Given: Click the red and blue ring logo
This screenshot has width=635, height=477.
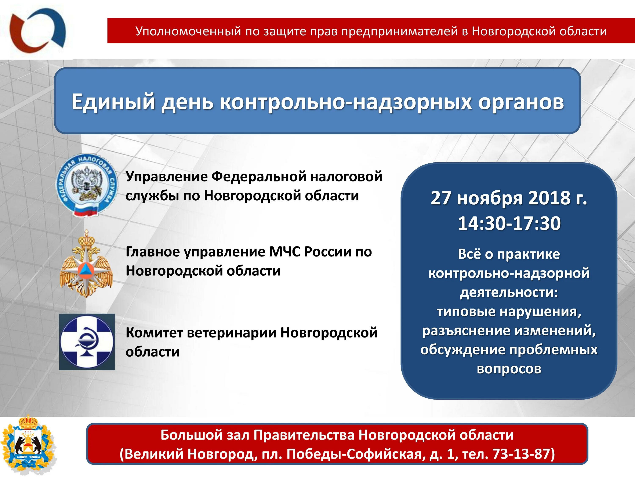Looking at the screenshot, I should coord(37,30).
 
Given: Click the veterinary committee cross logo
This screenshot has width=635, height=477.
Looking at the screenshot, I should coord(87,342).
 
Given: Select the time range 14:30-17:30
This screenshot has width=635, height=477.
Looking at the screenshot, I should coord(509,223).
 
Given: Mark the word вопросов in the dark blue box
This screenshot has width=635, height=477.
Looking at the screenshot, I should coord(509,369).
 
